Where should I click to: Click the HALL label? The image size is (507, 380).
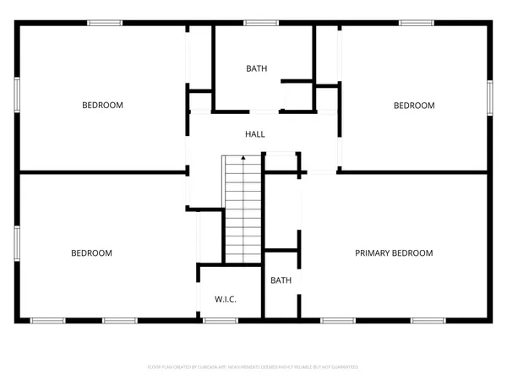(255, 134)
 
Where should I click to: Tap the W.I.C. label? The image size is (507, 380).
(225, 300)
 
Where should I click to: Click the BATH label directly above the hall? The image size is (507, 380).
(257, 69)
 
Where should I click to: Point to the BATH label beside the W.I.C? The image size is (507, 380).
(281, 280)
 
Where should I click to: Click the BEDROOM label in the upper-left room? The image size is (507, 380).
(102, 106)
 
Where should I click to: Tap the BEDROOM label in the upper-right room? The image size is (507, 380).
(414, 106)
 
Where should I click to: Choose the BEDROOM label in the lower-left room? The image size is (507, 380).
(91, 253)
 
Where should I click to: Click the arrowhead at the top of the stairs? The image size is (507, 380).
(243, 157)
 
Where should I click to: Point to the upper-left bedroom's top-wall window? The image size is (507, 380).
(103, 23)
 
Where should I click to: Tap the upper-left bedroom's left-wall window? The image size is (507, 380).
(16, 93)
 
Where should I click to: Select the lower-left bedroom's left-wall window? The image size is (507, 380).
(16, 241)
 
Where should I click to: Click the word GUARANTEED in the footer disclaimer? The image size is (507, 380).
(343, 367)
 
